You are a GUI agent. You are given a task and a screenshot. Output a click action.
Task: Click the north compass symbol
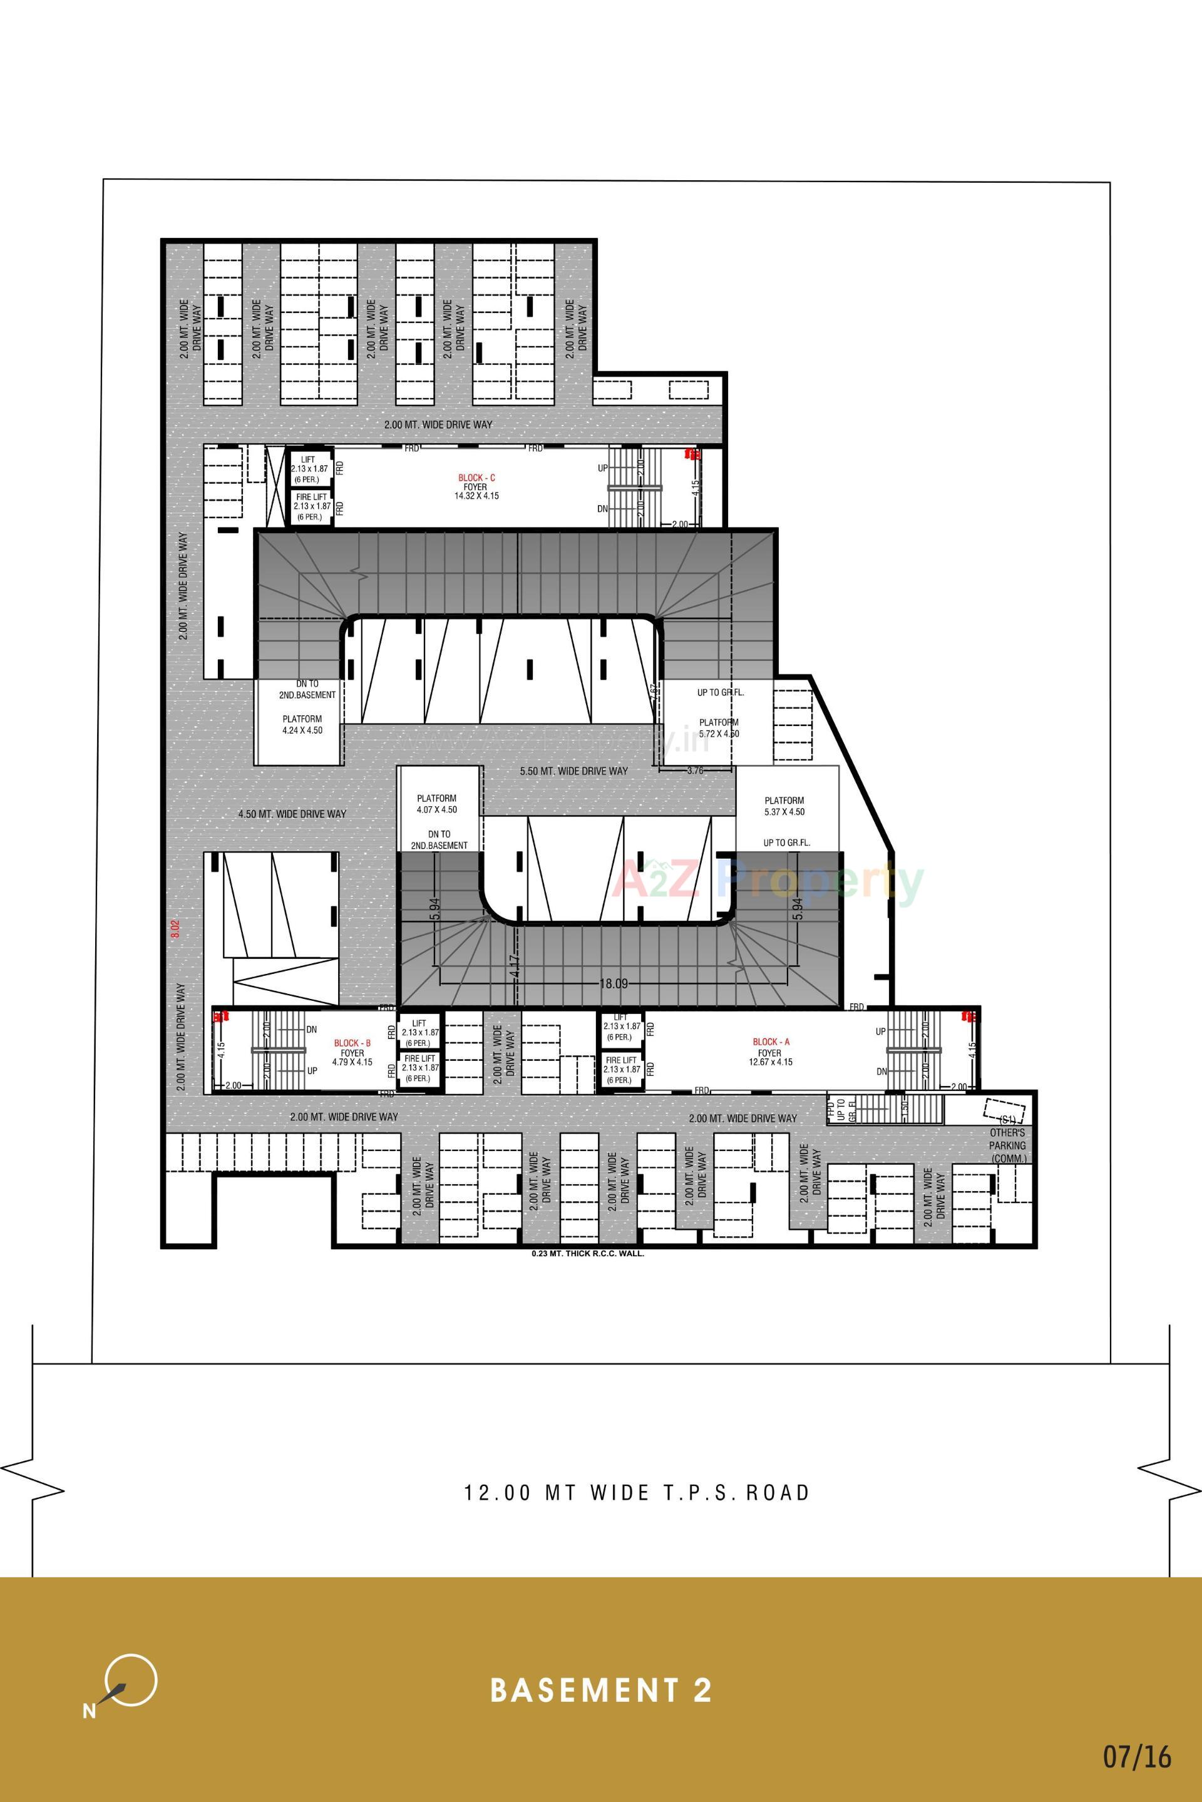tap(127, 1682)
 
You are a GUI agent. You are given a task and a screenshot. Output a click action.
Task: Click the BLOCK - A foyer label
tap(771, 1052)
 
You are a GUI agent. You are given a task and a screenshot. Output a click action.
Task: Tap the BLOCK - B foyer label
tap(352, 1052)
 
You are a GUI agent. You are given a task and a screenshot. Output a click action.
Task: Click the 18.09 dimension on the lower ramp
tap(614, 983)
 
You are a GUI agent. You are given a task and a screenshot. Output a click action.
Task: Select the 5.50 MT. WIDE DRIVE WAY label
tap(573, 771)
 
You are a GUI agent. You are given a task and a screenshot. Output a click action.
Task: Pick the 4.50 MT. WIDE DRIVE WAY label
tap(292, 814)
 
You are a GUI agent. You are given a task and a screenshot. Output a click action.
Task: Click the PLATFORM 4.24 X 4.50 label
tap(302, 724)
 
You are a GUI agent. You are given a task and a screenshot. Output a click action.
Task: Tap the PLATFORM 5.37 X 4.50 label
tap(784, 806)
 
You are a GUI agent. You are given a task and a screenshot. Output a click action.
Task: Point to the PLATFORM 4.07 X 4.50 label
tap(437, 803)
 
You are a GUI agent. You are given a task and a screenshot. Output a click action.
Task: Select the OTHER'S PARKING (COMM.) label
tap(1007, 1145)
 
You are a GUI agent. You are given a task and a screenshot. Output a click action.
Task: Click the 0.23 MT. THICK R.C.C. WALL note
tap(588, 1255)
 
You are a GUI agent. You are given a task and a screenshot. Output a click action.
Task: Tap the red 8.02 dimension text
tap(175, 931)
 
